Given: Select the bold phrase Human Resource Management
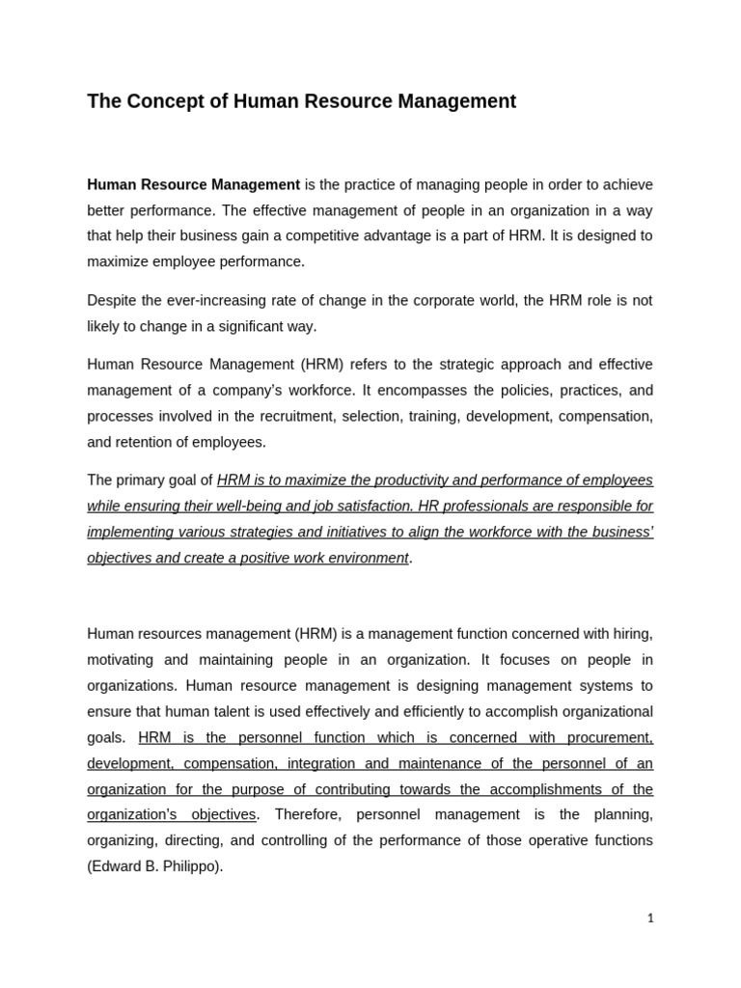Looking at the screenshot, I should point(193,184).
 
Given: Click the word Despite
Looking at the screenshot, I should point(113,300).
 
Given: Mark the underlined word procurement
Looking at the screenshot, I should point(612,737).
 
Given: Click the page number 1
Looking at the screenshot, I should point(650,918).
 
